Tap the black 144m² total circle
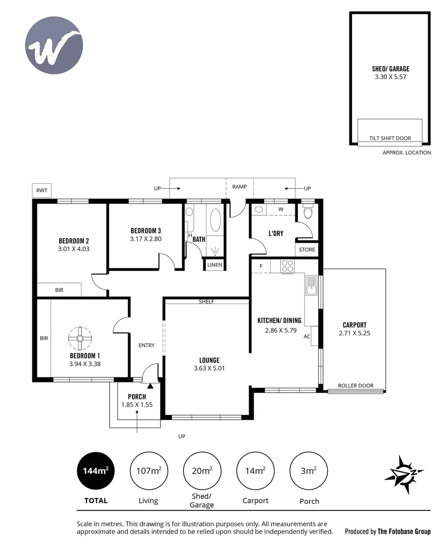[x=96, y=471]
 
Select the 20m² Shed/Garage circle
[x=201, y=471]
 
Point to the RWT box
[x=41, y=190]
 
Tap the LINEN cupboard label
[x=214, y=265]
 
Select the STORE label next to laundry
[x=307, y=250]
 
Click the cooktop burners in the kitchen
[x=288, y=266]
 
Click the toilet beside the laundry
[x=307, y=212]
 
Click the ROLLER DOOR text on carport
[x=356, y=386]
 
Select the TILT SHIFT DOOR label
[x=390, y=138]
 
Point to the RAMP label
[x=239, y=187]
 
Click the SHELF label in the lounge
[x=206, y=302]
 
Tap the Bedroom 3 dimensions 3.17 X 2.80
[x=146, y=239]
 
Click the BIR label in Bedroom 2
[x=59, y=290]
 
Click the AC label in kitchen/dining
[x=306, y=336]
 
